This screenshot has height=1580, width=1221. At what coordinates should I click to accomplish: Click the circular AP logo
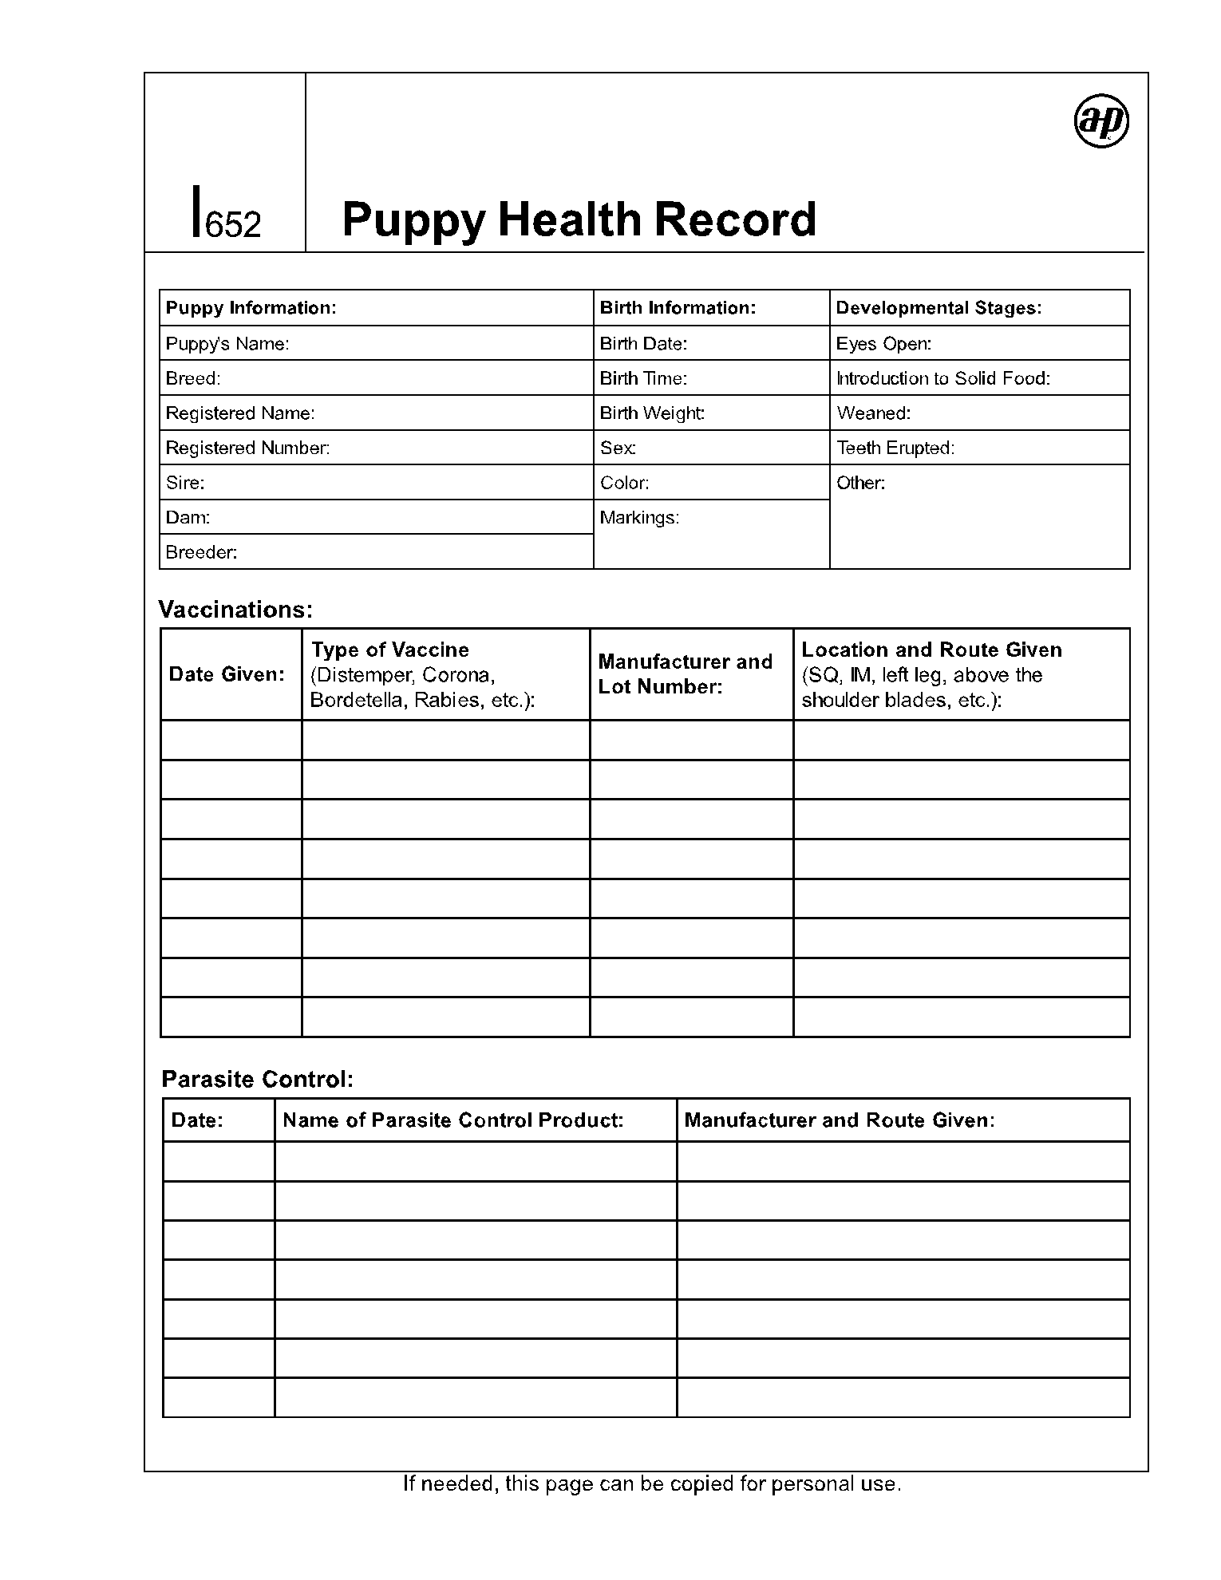[1101, 121]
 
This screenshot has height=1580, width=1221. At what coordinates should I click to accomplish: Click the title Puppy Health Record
[579, 219]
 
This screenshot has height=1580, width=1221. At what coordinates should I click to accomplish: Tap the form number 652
[233, 225]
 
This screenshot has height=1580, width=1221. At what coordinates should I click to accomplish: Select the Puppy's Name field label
[227, 344]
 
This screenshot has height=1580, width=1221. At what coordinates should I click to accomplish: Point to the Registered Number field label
[247, 448]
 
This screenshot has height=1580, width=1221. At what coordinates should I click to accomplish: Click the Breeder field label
[201, 552]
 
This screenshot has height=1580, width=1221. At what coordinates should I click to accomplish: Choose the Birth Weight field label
[652, 413]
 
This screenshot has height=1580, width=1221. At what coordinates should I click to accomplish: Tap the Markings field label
[639, 518]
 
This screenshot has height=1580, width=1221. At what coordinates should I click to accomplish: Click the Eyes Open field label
[883, 344]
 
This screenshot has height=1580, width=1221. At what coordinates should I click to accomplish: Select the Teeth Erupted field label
[895, 448]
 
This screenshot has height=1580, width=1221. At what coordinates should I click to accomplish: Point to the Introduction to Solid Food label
[943, 378]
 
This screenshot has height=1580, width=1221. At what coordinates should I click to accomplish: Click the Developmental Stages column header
[938, 308]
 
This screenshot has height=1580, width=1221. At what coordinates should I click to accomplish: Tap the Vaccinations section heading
[235, 610]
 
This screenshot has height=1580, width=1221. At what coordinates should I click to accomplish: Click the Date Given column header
[227, 674]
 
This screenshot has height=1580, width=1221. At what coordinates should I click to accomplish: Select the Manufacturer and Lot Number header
[685, 674]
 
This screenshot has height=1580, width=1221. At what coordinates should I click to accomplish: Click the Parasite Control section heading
[257, 1079]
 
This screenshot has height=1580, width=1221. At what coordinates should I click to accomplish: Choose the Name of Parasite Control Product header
[452, 1120]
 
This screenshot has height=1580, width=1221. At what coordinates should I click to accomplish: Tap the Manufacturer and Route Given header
[840, 1120]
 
